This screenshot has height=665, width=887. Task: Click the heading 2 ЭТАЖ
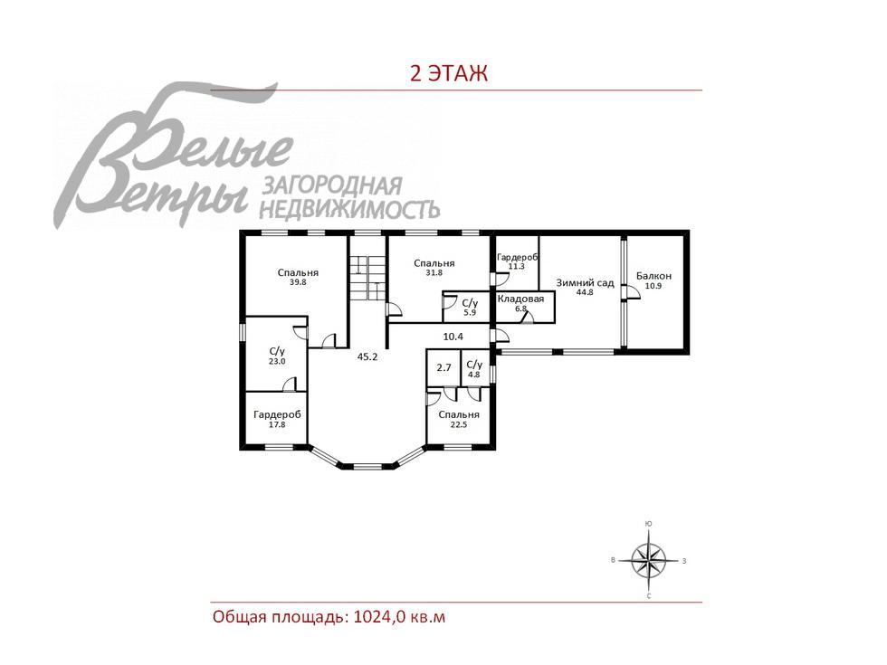pos(449,73)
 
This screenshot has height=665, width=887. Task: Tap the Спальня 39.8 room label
pos(298,277)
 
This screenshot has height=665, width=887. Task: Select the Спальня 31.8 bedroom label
pos(434,268)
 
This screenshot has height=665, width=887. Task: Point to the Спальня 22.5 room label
pos(459,419)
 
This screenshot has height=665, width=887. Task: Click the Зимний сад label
pos(585,282)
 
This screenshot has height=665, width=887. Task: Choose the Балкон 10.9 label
pos(653,280)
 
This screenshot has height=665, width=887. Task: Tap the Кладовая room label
pos(521,299)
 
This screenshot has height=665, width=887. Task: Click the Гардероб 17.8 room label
pos(277,419)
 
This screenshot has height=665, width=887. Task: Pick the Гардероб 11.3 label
pos(517,261)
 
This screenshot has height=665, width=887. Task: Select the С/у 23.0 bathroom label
pos(277,356)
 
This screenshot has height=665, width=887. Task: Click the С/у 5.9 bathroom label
pos(470,307)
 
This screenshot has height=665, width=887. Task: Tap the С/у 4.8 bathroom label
pos(474,369)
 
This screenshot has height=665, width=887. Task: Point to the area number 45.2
pos(367,356)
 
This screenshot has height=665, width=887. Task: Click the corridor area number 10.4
pos(453,337)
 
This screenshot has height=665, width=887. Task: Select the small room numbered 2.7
pos(444,367)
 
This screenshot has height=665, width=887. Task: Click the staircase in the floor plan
pos(367,278)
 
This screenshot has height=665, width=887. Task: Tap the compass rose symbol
pos(648,560)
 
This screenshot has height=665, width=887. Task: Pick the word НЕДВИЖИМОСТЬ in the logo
pos(349,210)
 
